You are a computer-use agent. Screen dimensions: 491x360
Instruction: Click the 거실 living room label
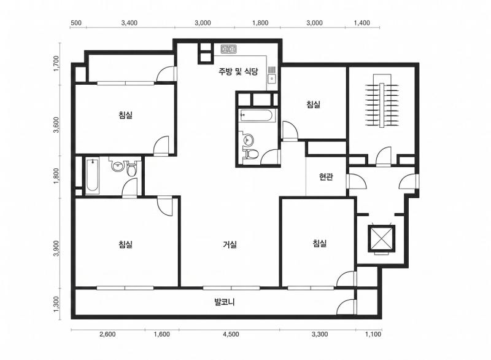tap(230, 245)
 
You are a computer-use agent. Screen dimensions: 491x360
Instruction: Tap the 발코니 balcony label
tap(225, 302)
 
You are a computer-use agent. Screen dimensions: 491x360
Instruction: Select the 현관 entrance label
tap(326, 177)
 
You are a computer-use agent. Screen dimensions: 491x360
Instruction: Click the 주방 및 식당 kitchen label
tap(238, 71)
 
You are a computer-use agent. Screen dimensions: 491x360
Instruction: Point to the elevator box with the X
tap(381, 238)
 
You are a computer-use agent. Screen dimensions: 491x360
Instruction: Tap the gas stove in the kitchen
tap(228, 49)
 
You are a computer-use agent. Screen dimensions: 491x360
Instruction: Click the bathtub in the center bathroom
tap(257, 115)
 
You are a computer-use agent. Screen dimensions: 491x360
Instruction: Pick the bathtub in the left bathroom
tap(93, 176)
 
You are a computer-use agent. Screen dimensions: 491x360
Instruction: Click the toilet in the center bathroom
tap(251, 154)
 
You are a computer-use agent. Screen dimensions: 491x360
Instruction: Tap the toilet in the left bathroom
tap(131, 169)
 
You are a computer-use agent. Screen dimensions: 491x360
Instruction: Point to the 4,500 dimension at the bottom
tap(231, 334)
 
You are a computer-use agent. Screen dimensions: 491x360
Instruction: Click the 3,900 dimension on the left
tap(56, 248)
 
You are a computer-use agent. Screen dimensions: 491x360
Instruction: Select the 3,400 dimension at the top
tap(130, 23)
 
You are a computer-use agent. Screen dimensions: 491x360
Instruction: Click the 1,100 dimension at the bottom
tap(373, 334)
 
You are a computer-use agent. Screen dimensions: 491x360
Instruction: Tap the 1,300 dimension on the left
tap(56, 304)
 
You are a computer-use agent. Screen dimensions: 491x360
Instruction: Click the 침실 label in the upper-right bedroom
tap(314, 104)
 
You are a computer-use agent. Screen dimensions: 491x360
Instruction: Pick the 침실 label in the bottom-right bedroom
tap(320, 243)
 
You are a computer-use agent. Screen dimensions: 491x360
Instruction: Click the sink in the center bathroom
tap(248, 139)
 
